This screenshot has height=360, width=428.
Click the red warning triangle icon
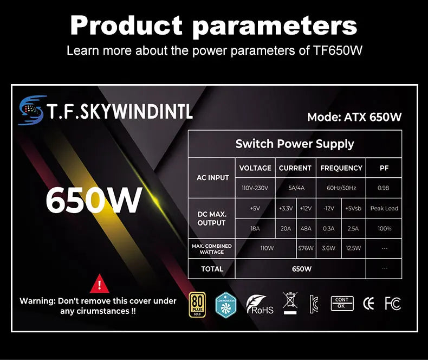99,284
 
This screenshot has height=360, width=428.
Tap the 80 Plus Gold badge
197,304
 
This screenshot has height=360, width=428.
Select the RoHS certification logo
260,305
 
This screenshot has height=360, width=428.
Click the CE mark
368,304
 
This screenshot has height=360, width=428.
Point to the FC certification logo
393,304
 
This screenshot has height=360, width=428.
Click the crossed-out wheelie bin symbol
290,304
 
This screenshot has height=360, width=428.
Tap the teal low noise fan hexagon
226,305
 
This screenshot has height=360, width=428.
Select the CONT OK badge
342,303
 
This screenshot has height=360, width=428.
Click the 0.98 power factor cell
384,188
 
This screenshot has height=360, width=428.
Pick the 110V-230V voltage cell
255,188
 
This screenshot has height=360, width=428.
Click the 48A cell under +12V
306,229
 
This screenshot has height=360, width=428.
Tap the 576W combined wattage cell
306,248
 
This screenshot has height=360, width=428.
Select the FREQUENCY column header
341,168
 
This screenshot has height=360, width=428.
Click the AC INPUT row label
212,178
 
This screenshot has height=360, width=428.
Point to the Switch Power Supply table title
294,144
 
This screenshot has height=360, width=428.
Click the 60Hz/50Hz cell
341,188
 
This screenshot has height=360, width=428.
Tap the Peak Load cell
384,209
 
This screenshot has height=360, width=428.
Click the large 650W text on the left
93,200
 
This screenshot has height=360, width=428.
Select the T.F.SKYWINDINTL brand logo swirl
31,110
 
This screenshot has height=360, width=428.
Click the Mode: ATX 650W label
354,117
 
